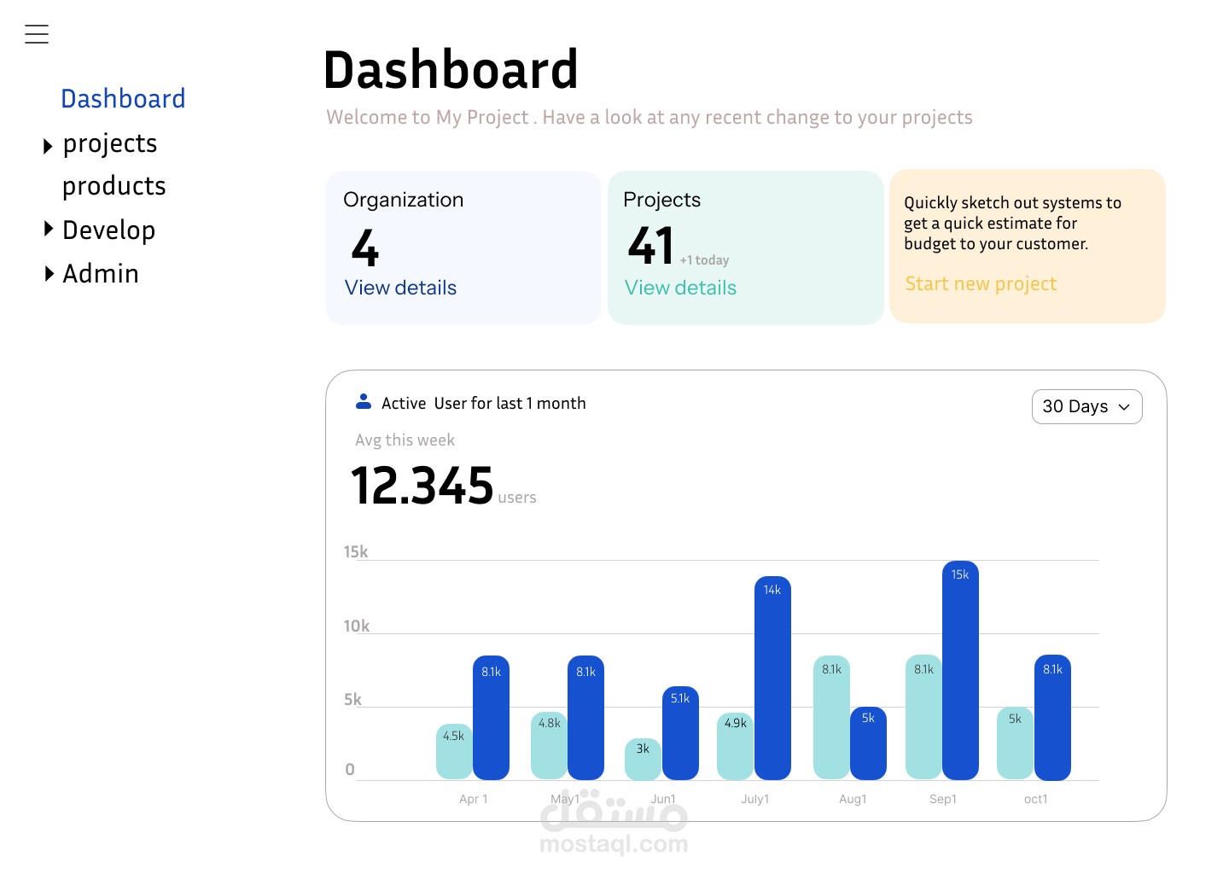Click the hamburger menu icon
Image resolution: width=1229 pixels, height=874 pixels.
click(x=37, y=34)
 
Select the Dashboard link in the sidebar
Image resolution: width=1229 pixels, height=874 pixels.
click(x=123, y=99)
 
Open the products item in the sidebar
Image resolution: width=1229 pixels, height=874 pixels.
click(x=114, y=186)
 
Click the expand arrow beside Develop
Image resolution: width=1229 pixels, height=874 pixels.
click(x=49, y=229)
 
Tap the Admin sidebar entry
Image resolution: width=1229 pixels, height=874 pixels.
click(x=100, y=274)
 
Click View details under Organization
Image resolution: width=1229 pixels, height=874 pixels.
click(x=400, y=288)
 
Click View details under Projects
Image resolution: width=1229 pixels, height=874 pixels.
click(x=680, y=288)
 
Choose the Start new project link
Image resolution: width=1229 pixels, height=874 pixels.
click(x=981, y=284)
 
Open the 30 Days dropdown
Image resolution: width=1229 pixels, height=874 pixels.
click(x=1086, y=407)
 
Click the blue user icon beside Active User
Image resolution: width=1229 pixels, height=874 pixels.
click(x=364, y=401)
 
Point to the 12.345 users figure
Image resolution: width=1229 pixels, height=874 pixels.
click(x=422, y=486)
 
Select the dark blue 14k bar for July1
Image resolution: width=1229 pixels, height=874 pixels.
click(x=772, y=679)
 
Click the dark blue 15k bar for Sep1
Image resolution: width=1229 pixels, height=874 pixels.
click(x=960, y=671)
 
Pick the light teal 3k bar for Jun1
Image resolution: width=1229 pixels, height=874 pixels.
click(x=643, y=760)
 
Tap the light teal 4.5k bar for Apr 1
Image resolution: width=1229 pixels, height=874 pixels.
click(x=454, y=752)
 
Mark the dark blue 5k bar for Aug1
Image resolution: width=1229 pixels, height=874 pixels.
click(x=868, y=743)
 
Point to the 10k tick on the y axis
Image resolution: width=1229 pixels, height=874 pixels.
click(x=356, y=626)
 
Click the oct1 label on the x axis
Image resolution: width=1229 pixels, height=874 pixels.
click(x=1035, y=799)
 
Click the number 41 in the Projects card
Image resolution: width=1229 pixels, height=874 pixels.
click(x=650, y=246)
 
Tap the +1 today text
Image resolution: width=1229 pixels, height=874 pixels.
click(x=704, y=260)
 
